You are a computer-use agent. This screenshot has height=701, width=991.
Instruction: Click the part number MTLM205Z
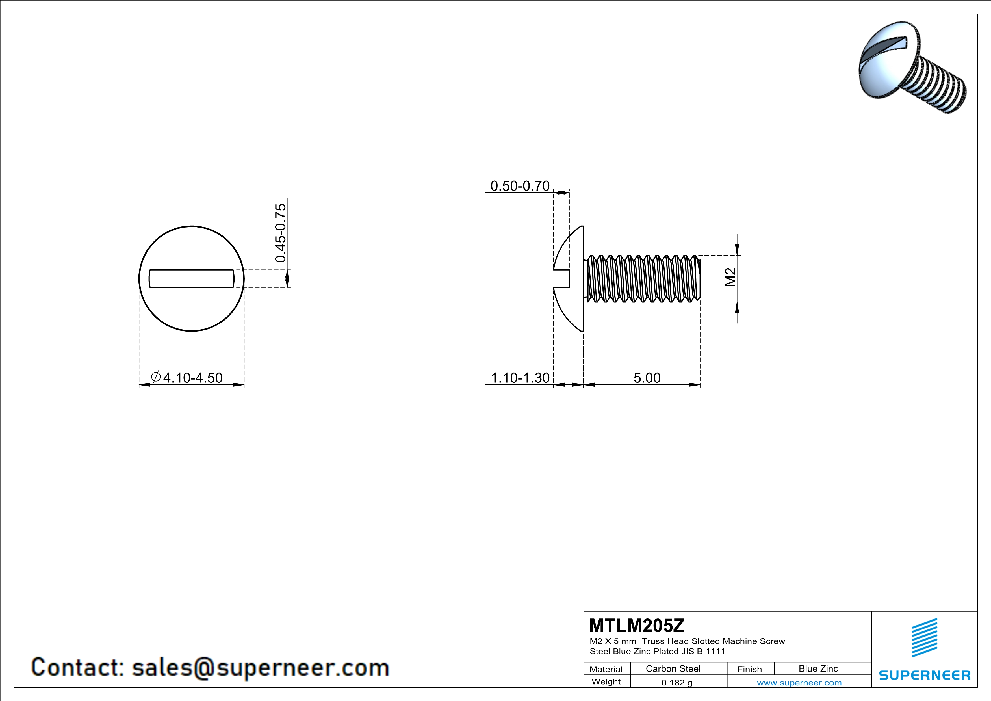637,626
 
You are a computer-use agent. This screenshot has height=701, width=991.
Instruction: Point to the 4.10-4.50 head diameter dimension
192,378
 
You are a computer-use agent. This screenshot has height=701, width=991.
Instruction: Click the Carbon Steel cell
673,668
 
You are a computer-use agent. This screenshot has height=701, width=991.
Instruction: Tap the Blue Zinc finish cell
818,668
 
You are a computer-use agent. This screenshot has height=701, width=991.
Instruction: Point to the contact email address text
210,667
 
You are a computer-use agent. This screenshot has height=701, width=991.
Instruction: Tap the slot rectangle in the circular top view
191,278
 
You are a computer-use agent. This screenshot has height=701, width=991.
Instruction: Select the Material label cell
606,669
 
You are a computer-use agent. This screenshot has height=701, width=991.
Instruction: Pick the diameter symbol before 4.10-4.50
156,377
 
